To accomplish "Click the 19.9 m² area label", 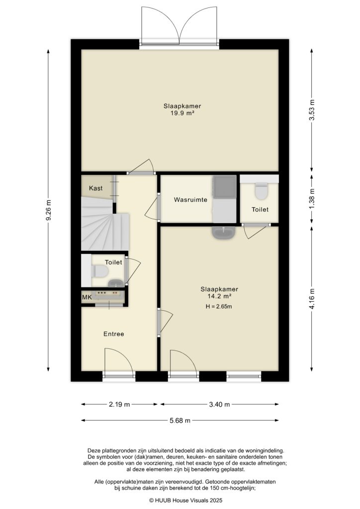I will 179,113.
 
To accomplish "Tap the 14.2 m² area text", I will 219,296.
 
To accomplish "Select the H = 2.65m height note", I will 219,307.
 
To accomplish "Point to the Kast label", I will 96,188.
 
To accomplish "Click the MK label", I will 87,297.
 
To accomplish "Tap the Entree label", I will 113,334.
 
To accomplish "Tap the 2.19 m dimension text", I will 119,405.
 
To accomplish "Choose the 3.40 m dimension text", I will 219,405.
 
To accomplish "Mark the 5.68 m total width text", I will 180,421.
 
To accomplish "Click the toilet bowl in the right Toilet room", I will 261,191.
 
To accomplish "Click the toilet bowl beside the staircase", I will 100,271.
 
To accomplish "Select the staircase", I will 104,226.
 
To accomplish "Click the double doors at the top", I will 180,27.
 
